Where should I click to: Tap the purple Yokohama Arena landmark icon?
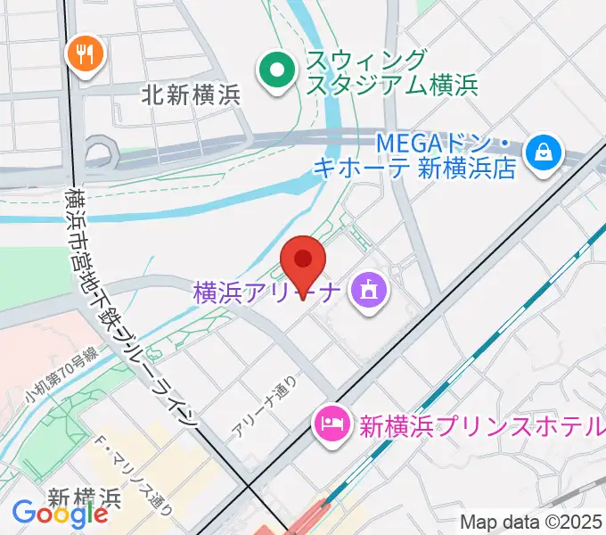pos(367,290)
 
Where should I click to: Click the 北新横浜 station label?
pos(191,95)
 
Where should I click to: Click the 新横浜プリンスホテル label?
pos(481,425)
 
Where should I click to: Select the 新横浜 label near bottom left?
pos(85,496)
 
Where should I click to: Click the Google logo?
pos(60,514)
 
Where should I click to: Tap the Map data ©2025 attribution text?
pos(531,523)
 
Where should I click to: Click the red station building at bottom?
pos(303,522)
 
